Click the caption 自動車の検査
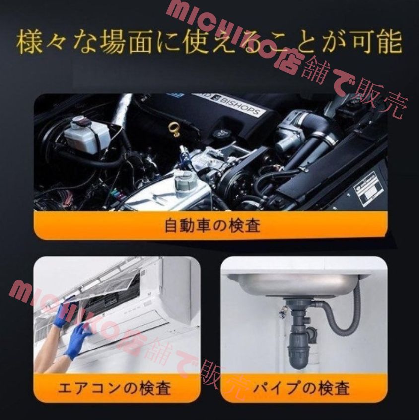212,226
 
